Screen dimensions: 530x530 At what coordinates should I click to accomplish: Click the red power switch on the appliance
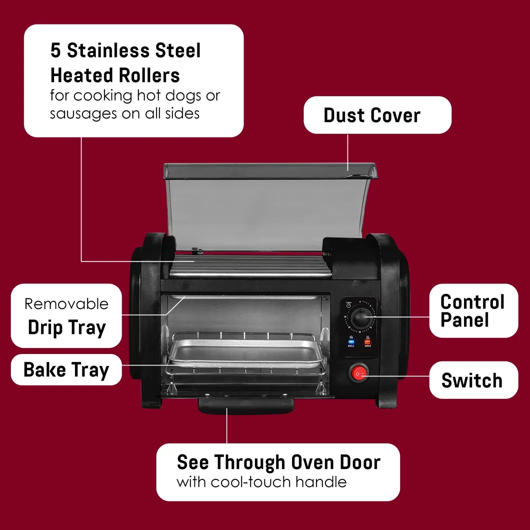click(x=359, y=373)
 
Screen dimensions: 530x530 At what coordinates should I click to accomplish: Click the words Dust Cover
click(x=372, y=115)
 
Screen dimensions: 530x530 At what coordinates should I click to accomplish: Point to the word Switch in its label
click(x=471, y=380)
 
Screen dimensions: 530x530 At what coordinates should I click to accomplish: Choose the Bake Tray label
click(x=66, y=370)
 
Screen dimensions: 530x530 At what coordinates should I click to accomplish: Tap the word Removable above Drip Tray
click(x=66, y=303)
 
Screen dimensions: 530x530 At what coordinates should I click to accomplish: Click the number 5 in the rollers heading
click(x=55, y=50)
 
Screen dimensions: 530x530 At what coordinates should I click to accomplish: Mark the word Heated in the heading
click(x=80, y=75)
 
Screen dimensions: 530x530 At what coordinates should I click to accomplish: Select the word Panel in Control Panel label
click(x=464, y=320)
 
